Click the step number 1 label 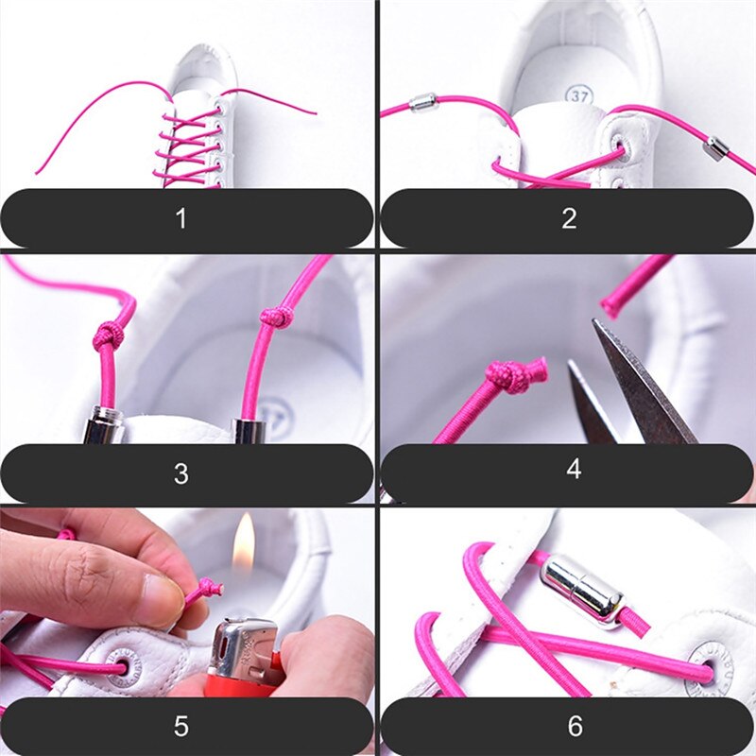coord(180,218)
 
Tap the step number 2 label coord(569,218)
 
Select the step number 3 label coord(180,473)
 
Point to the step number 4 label coord(574,469)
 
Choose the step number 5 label coord(180,726)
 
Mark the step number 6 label coord(574,726)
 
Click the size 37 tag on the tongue coord(578,94)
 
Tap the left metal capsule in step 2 coord(422,102)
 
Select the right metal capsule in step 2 coord(716,147)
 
